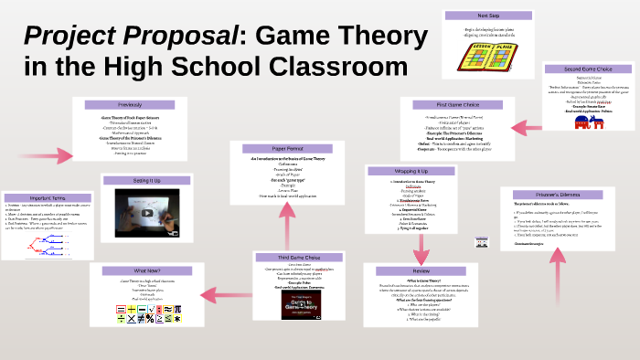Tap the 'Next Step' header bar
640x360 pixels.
[x=488, y=16]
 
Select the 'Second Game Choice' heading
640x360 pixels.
[x=588, y=69]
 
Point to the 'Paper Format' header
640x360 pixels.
[x=288, y=147]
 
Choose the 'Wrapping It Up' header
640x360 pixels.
[x=410, y=171]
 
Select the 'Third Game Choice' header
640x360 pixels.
[x=298, y=257]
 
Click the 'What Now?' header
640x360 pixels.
[x=146, y=270]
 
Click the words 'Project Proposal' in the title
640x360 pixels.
[x=129, y=36]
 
